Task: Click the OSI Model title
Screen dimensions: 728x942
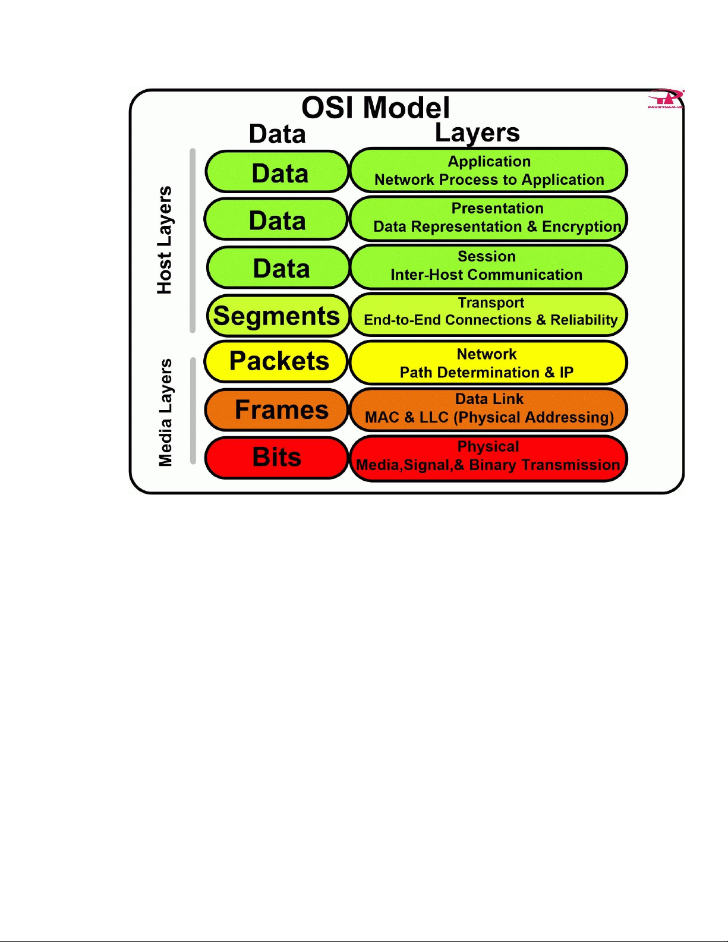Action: (x=376, y=108)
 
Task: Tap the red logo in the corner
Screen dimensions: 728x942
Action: (x=666, y=99)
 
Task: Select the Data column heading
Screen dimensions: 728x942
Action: (x=278, y=134)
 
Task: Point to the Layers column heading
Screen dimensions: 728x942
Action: (x=477, y=133)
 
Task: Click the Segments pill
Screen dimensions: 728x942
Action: (x=278, y=316)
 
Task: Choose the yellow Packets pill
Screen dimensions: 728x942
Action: (x=276, y=361)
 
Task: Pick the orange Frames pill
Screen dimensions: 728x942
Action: (x=276, y=409)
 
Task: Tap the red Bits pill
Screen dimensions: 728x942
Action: (x=276, y=458)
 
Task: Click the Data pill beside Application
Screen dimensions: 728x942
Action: (x=277, y=172)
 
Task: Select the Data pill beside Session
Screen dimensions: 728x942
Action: (x=278, y=267)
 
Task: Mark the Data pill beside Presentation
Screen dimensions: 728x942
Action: (x=276, y=219)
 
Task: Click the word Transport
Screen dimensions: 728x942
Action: (x=491, y=303)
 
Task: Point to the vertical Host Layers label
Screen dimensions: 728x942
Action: (x=165, y=240)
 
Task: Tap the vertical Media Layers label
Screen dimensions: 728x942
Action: (x=165, y=412)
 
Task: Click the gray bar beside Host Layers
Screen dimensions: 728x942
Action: (x=193, y=241)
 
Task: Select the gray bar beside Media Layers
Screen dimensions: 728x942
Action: (x=193, y=411)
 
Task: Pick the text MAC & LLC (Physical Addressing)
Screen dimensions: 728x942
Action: (x=489, y=417)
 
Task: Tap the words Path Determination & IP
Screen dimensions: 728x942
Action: (x=486, y=372)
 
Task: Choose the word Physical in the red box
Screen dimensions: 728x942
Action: (x=488, y=446)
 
